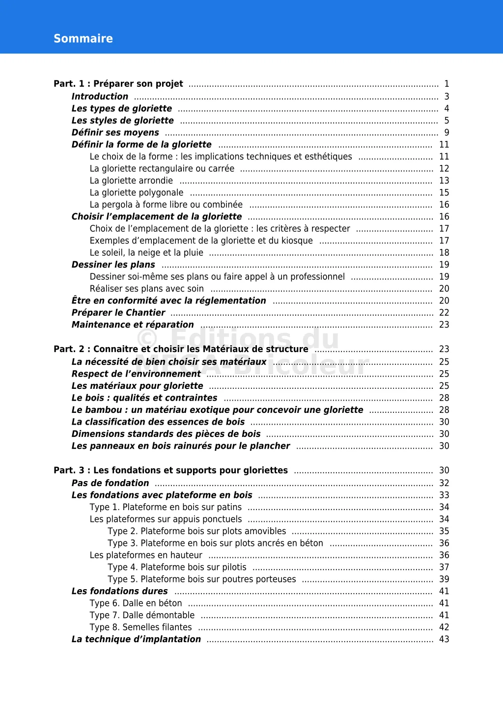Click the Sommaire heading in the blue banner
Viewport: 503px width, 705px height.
[83, 39]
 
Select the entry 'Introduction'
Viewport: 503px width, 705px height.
[100, 97]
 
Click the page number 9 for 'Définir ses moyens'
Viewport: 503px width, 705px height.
[447, 133]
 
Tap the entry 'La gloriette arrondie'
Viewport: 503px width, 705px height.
[131, 181]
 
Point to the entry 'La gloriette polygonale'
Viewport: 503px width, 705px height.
[137, 192]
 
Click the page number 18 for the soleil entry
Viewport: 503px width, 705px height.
[444, 252]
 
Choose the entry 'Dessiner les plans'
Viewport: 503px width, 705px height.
[113, 265]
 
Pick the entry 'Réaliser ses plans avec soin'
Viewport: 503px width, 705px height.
[146, 289]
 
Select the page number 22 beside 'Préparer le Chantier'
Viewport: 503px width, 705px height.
[444, 313]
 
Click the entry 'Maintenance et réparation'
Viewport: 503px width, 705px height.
[133, 325]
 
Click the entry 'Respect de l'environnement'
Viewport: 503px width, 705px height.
[136, 374]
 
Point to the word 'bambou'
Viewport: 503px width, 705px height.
[103, 410]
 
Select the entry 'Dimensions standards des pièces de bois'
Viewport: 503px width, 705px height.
[166, 434]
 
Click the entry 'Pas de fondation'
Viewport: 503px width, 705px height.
[110, 483]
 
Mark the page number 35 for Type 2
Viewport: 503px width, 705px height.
[444, 531]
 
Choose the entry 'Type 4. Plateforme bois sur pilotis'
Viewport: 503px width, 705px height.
[177, 567]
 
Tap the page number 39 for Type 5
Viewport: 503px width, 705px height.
[444, 579]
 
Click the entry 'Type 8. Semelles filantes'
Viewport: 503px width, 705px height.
[140, 627]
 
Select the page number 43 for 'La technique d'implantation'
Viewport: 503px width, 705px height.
[444, 639]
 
